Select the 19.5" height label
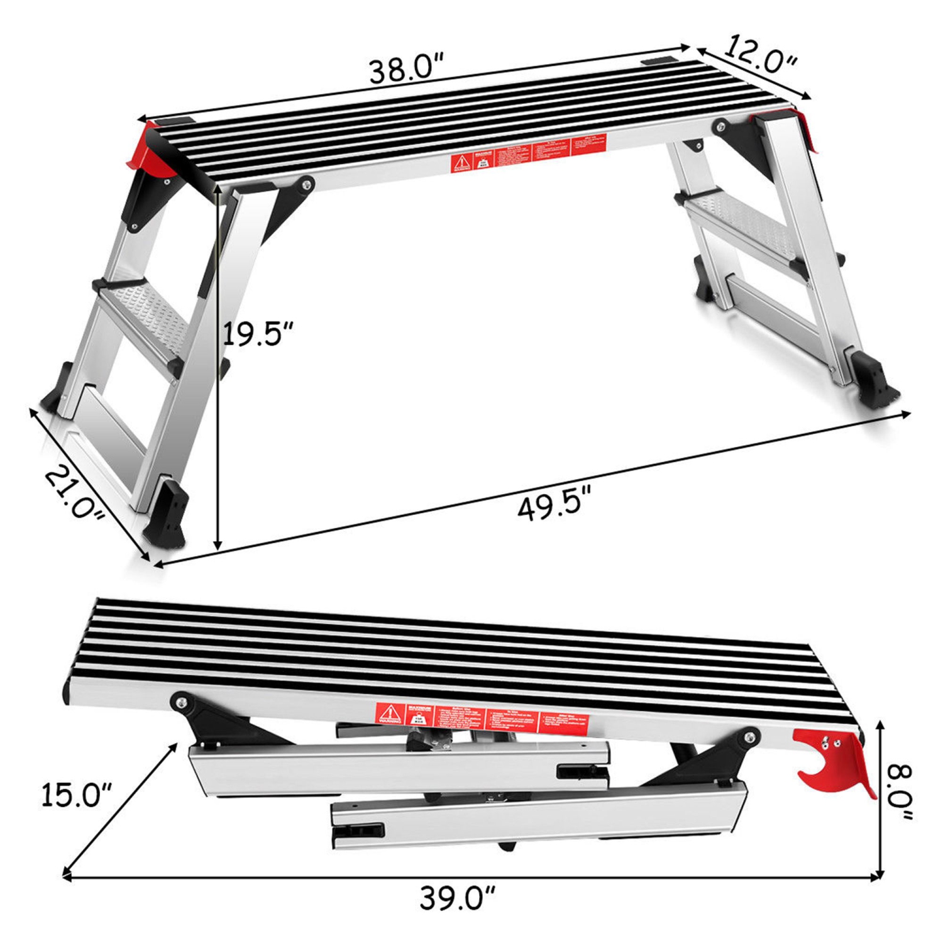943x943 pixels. point(258,333)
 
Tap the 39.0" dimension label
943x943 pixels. point(458,898)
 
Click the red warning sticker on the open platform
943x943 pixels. point(528,153)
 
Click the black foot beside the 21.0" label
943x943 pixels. point(166,512)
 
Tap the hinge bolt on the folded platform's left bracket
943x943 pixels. point(182,701)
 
